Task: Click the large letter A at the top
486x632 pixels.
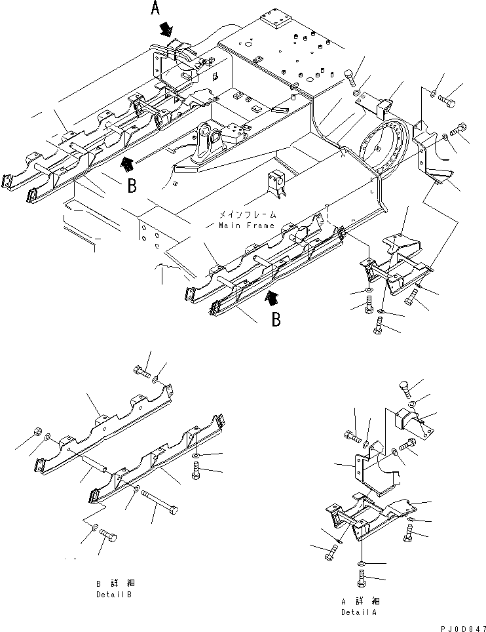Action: [x=155, y=9]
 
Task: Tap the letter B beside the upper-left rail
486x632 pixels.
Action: [x=132, y=186]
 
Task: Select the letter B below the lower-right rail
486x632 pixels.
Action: [x=277, y=319]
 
